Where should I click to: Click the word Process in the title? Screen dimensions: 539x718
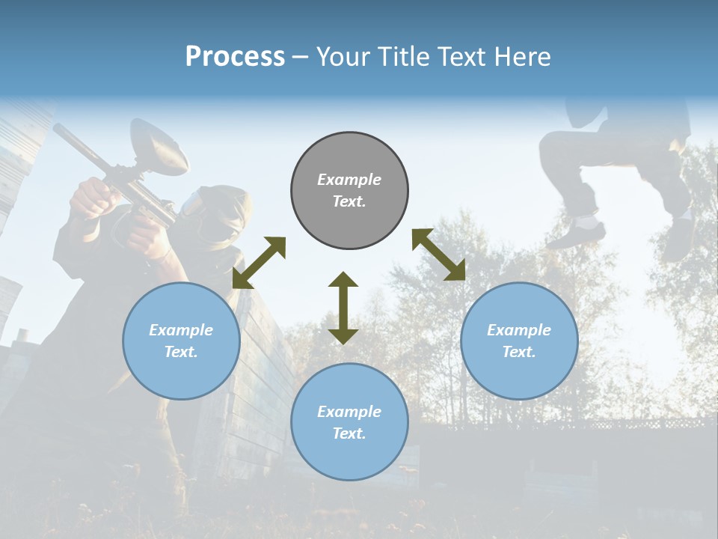(235, 57)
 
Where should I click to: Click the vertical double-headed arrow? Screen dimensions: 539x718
(343, 308)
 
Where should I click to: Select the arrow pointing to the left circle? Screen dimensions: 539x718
(259, 263)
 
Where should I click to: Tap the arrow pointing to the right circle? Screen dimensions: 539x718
(438, 255)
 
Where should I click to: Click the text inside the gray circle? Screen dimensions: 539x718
(349, 190)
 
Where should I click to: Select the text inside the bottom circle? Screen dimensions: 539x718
(349, 422)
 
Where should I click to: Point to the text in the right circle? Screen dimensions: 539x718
(519, 341)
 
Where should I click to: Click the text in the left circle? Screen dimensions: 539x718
(181, 341)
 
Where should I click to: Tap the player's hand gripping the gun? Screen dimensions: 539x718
(93, 197)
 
